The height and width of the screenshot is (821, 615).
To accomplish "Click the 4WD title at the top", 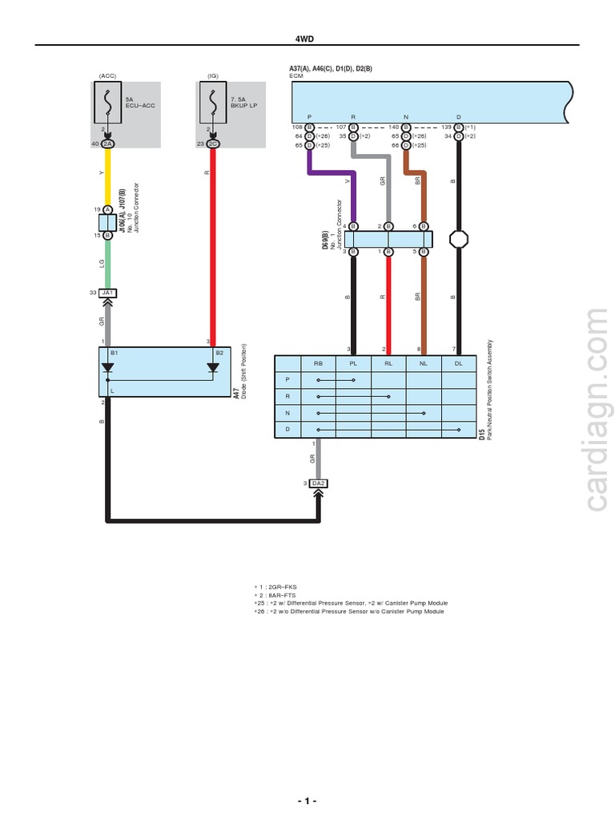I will click(x=307, y=38).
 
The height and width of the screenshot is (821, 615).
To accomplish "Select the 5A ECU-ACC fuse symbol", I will click(x=107, y=102).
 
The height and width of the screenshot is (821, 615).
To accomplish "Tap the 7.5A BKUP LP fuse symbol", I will click(x=212, y=102).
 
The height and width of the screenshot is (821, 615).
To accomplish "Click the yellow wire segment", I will click(x=107, y=176).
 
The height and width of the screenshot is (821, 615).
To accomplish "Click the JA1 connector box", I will click(x=107, y=293).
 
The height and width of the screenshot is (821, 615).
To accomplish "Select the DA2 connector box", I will click(x=319, y=483).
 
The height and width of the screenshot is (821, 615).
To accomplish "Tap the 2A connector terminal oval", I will click(x=107, y=144).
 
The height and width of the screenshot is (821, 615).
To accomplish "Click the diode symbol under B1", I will click(x=107, y=368).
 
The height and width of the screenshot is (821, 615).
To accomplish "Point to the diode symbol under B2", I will click(x=212, y=368).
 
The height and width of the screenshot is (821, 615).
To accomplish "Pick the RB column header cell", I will click(x=318, y=362).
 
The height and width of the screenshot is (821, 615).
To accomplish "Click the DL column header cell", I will click(x=458, y=362).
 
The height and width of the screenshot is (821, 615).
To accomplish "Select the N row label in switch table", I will click(x=287, y=413).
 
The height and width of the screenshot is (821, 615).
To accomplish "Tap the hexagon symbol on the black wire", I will click(x=458, y=239).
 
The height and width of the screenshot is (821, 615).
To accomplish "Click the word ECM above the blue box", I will click(x=296, y=75).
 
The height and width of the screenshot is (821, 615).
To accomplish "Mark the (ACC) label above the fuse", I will click(x=107, y=75).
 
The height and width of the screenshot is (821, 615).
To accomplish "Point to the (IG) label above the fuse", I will click(x=212, y=75).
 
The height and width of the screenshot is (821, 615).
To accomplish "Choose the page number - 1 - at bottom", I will click(x=307, y=802).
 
